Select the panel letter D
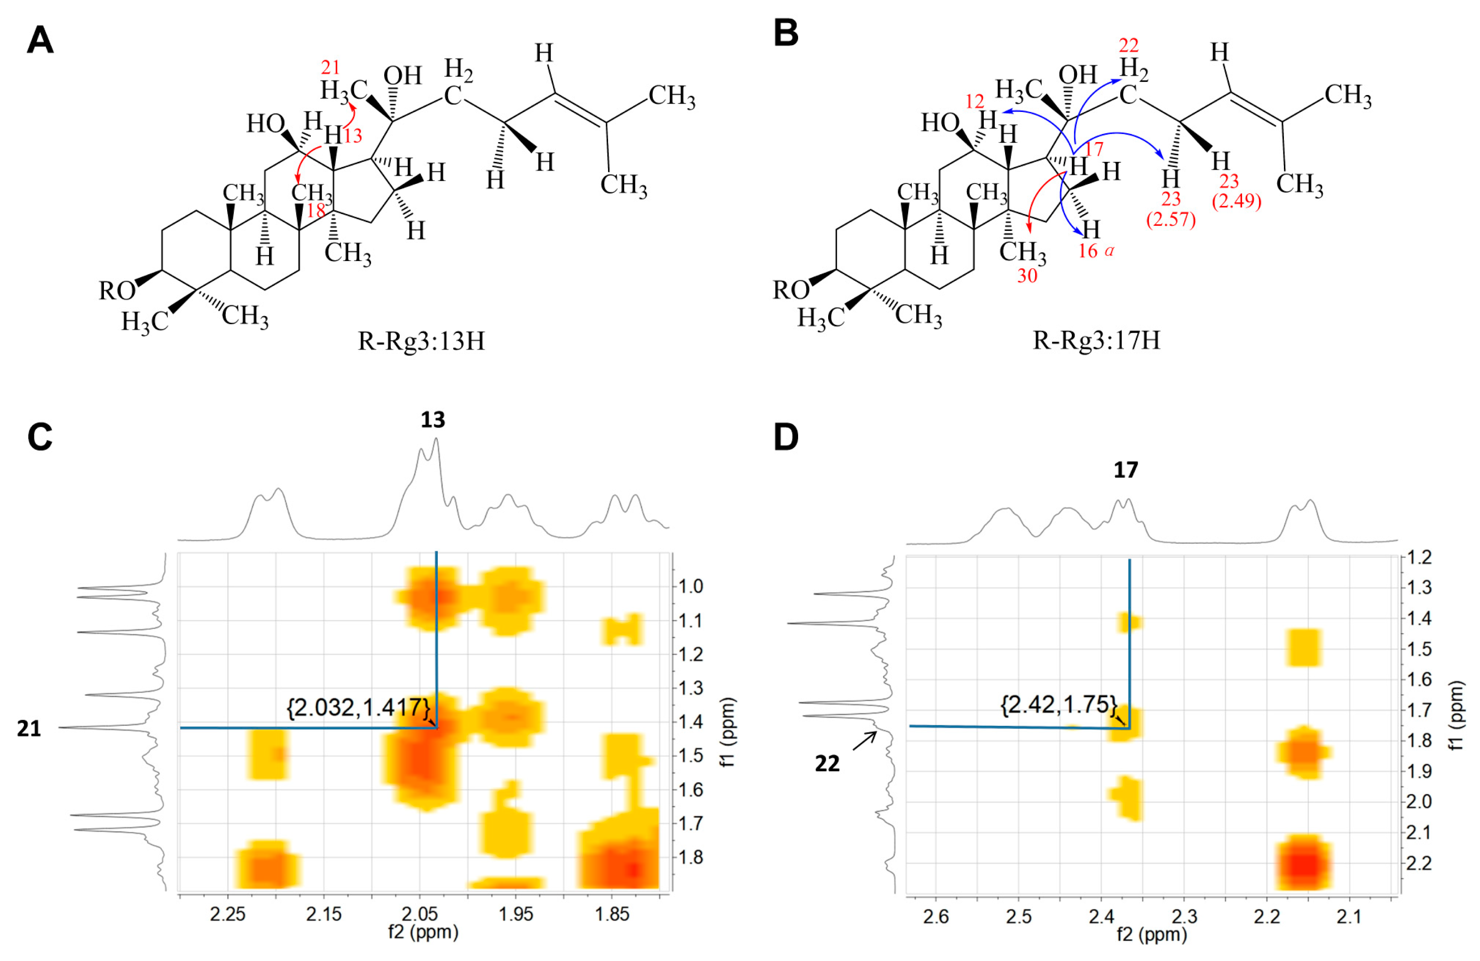pyautogui.click(x=786, y=437)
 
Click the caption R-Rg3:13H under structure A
pyautogui.click(x=421, y=341)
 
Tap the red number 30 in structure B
pyautogui.click(x=1027, y=276)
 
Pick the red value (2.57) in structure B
pyautogui.click(x=1171, y=220)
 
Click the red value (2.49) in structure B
pyautogui.click(x=1236, y=201)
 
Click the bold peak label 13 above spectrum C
pyautogui.click(x=433, y=421)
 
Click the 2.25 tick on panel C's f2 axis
pyautogui.click(x=228, y=914)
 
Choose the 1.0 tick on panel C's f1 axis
pyautogui.click(x=691, y=587)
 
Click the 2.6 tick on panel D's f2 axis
pyautogui.click(x=936, y=916)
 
